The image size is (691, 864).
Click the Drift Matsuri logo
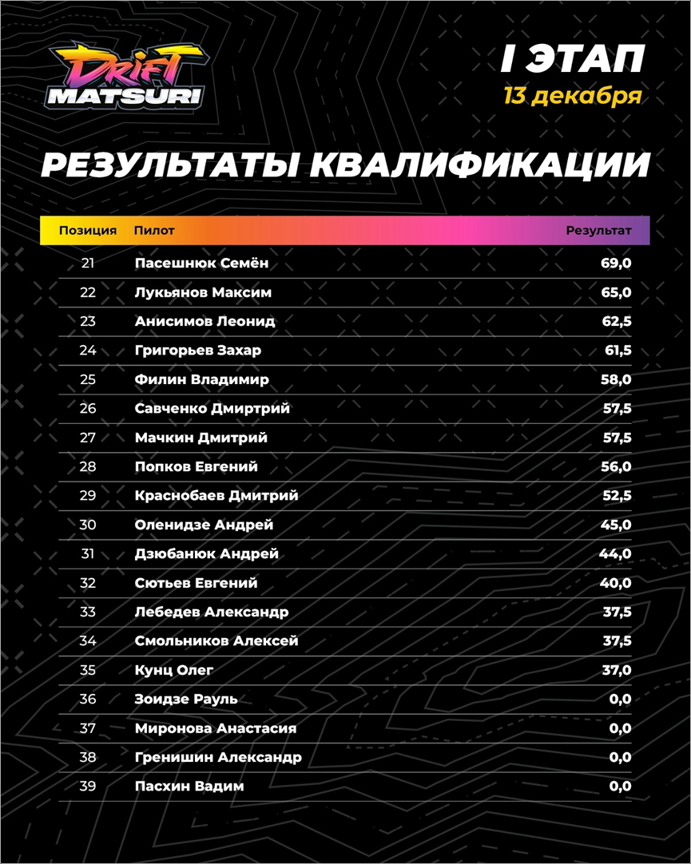(x=126, y=77)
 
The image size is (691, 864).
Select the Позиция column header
(x=88, y=231)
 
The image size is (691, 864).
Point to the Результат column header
(x=598, y=231)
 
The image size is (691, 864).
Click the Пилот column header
(x=154, y=231)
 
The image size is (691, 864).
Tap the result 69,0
(x=616, y=263)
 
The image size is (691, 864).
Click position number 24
(x=88, y=351)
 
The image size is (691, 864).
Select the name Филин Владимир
(x=202, y=379)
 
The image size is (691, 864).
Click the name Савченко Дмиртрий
(x=212, y=409)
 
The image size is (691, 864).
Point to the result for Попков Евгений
(x=616, y=466)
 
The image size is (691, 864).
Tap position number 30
(x=88, y=525)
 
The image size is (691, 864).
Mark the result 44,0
(x=616, y=554)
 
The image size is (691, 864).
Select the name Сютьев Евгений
(x=197, y=583)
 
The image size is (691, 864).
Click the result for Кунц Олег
(x=616, y=670)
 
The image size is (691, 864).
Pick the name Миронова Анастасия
(x=216, y=728)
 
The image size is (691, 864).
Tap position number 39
(x=88, y=787)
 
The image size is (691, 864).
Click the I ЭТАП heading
(x=572, y=59)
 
